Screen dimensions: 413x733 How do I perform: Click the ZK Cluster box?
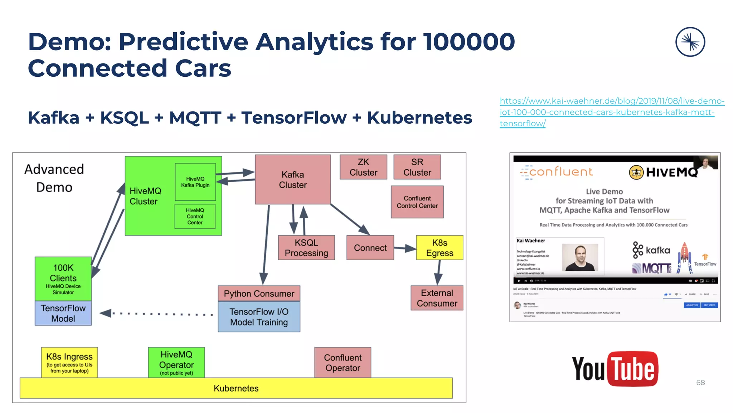pos(363,167)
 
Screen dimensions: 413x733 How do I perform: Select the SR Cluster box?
pos(417,167)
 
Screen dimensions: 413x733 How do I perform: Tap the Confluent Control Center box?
pos(417,202)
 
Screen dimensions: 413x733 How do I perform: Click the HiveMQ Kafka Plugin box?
pos(195,182)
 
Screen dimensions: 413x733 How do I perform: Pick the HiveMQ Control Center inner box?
pos(195,216)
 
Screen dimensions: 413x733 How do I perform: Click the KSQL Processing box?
pos(306,248)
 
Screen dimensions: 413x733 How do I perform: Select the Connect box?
pos(370,248)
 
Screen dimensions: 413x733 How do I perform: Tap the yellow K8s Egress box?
pos(440,248)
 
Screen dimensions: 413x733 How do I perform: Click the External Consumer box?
pos(437,298)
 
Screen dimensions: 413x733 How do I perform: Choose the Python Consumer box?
pos(259,294)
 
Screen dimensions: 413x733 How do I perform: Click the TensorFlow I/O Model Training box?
pos(259,317)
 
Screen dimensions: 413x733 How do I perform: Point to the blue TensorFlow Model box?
pos(63,313)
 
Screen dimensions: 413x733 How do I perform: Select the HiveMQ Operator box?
pos(176,362)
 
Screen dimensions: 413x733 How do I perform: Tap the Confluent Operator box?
pos(343,362)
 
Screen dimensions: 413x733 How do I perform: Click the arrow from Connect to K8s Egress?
pos(405,248)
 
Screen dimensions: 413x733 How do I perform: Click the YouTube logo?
pos(615,369)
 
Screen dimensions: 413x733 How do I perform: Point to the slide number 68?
pos(700,383)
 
